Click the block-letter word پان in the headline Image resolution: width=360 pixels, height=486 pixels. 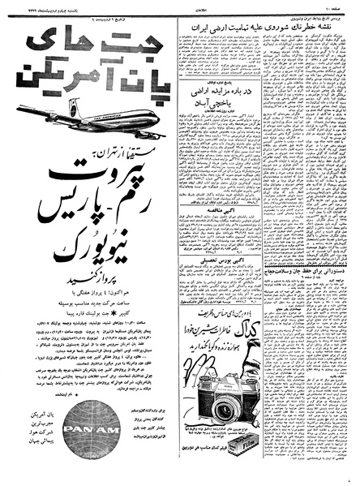point(148,85)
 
